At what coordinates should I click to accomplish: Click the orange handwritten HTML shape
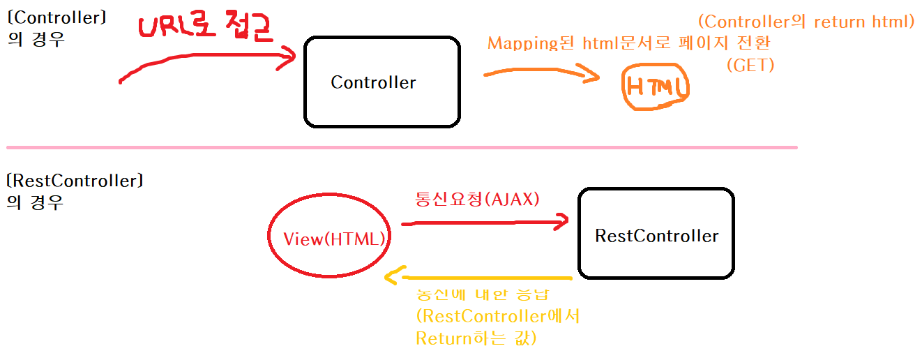[x=655, y=87]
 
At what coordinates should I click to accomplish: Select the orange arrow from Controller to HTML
[x=541, y=73]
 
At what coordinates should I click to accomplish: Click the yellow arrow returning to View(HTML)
[x=481, y=278]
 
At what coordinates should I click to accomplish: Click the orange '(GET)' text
[x=750, y=66]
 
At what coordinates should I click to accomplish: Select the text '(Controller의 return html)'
[x=806, y=22]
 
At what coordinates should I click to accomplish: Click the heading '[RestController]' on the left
[x=74, y=181]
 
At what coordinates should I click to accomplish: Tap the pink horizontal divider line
[x=401, y=147]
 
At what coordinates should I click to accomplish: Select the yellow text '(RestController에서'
[x=497, y=316]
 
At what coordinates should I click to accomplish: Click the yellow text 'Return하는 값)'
[x=476, y=339]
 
